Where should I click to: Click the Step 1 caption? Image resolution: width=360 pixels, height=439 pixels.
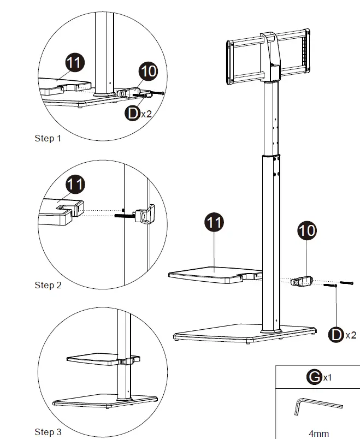click(x=48, y=138)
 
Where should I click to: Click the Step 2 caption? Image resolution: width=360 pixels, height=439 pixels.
click(x=48, y=285)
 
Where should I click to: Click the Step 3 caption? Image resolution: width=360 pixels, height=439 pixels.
click(x=48, y=432)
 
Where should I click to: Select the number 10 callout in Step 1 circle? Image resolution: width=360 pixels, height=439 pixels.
click(x=148, y=72)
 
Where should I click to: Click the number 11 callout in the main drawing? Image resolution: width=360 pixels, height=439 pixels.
click(x=214, y=223)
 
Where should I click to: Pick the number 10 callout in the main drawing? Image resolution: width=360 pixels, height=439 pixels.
click(x=307, y=230)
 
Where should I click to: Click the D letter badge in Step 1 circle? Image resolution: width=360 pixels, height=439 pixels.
click(x=132, y=114)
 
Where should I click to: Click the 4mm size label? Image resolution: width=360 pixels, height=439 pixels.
click(x=318, y=434)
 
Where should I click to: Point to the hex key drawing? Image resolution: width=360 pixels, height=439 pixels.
click(x=317, y=405)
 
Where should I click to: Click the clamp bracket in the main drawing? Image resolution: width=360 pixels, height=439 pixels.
click(x=301, y=281)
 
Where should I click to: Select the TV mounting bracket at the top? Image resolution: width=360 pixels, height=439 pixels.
click(x=268, y=59)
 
